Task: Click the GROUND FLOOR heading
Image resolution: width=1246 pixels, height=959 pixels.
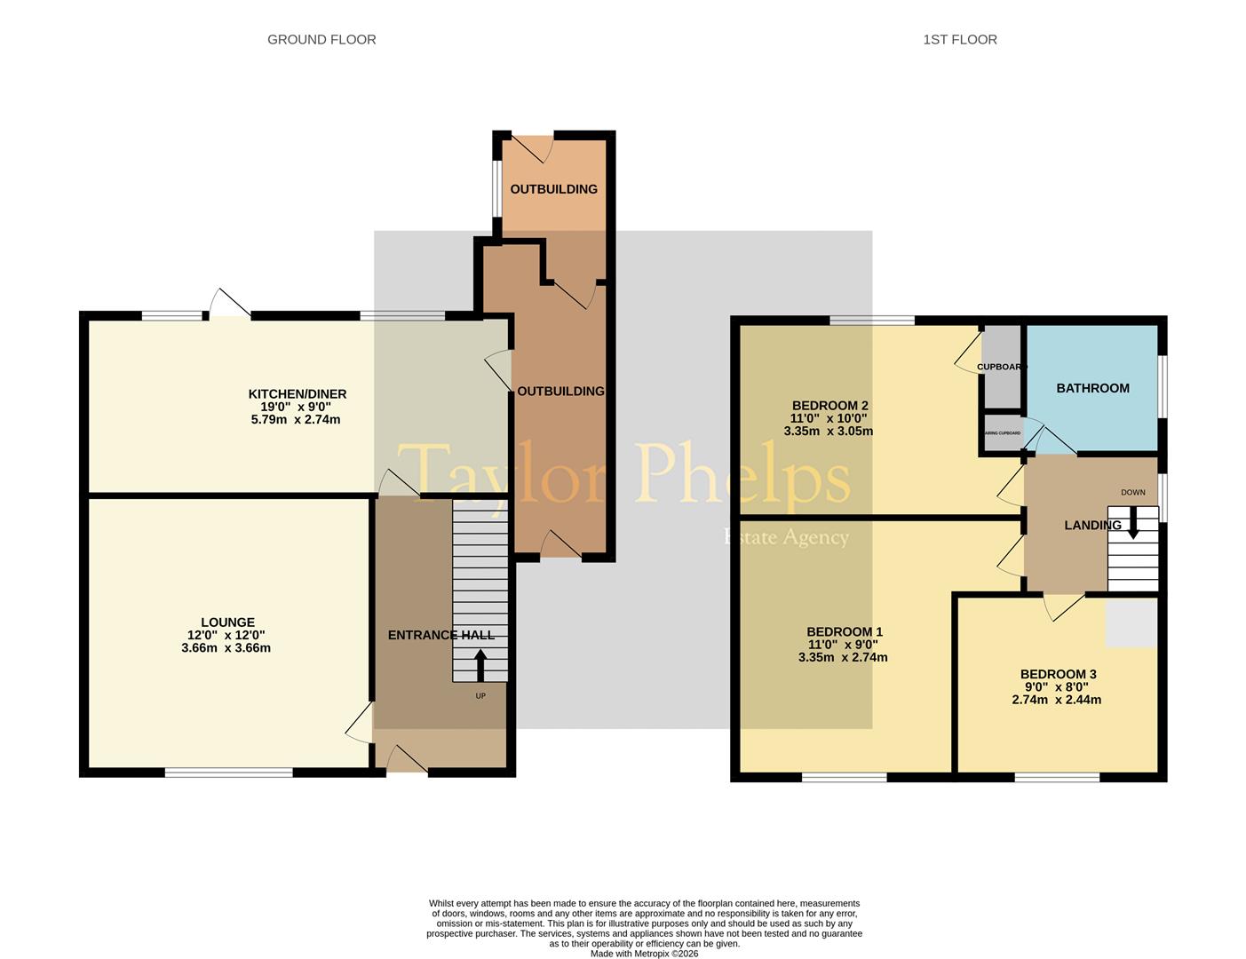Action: click(x=321, y=39)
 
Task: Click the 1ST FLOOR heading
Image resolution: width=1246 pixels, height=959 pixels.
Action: click(x=960, y=39)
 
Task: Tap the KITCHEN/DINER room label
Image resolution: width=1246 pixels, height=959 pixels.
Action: click(x=297, y=393)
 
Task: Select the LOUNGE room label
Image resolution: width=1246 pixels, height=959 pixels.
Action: click(x=227, y=622)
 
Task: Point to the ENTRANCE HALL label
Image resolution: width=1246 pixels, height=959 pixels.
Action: click(x=440, y=635)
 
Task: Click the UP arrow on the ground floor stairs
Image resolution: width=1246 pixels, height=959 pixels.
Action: click(x=480, y=665)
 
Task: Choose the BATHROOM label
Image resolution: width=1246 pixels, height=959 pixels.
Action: click(x=1092, y=388)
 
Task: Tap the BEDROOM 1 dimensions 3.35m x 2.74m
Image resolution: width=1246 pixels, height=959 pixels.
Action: click(x=843, y=658)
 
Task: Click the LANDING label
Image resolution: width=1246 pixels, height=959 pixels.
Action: click(x=1092, y=525)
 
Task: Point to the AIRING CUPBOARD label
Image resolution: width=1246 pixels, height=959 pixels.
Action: click(x=1003, y=433)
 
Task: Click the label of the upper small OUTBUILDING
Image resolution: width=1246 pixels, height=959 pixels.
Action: click(x=553, y=189)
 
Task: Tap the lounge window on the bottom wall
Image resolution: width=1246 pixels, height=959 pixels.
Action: click(x=228, y=773)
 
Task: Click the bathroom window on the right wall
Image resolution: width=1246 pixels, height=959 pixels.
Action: click(x=1163, y=386)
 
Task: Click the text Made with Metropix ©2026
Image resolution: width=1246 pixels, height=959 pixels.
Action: click(x=645, y=954)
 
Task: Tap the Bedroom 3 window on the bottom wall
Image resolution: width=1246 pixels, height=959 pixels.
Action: click(x=1057, y=778)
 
